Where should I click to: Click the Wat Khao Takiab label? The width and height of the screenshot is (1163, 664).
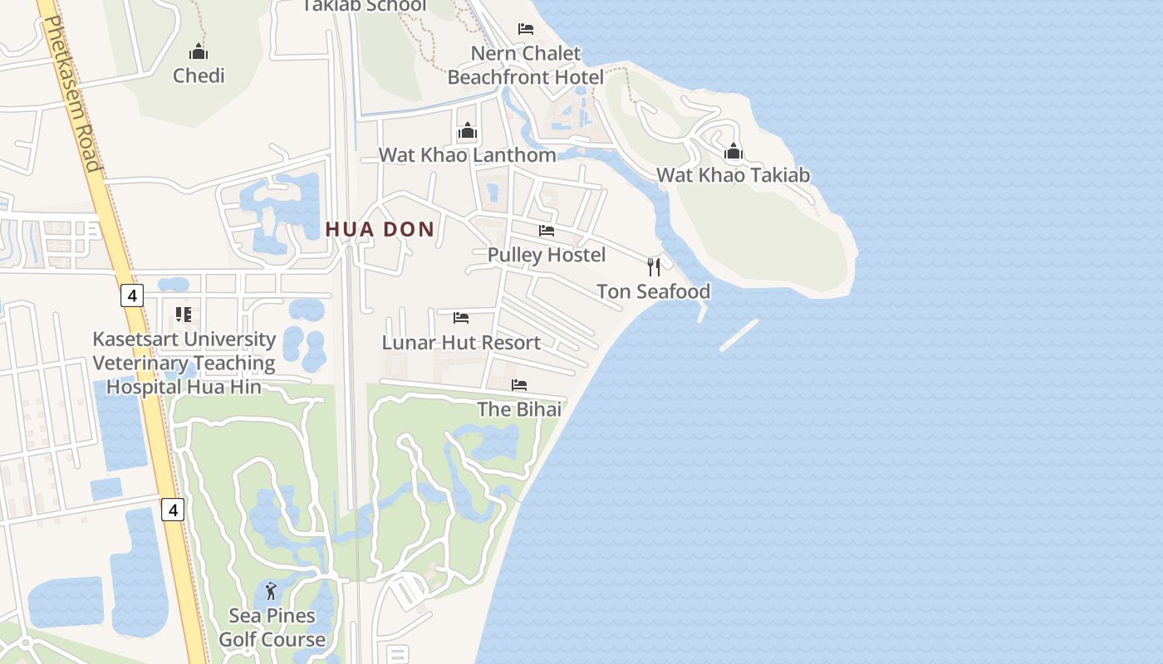pyautogui.click(x=733, y=175)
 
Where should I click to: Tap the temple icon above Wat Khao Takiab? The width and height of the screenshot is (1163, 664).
pyautogui.click(x=733, y=151)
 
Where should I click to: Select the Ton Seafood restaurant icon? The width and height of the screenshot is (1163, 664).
pyautogui.click(x=654, y=266)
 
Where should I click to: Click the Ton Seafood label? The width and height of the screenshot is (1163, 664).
pyautogui.click(x=654, y=291)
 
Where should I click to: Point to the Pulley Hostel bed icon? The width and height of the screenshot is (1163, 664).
pyautogui.click(x=547, y=230)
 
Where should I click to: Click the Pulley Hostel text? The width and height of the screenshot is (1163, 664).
pyautogui.click(x=547, y=255)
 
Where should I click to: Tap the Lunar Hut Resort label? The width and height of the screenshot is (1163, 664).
pyautogui.click(x=461, y=342)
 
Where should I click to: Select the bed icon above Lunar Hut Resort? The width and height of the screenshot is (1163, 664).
pyautogui.click(x=461, y=318)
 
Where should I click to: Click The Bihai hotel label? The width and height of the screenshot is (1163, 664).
pyautogui.click(x=519, y=409)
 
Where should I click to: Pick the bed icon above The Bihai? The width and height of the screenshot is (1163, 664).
pyautogui.click(x=519, y=385)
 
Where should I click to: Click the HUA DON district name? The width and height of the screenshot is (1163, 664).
pyautogui.click(x=380, y=229)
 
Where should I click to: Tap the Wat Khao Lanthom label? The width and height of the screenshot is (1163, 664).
pyautogui.click(x=468, y=155)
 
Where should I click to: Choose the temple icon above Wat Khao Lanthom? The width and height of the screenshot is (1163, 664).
pyautogui.click(x=468, y=131)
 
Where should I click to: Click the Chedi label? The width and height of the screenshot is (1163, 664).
pyautogui.click(x=199, y=76)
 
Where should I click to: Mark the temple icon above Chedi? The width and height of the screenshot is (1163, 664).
pyautogui.click(x=199, y=51)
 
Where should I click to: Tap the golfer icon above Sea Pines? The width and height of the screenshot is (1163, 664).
pyautogui.click(x=271, y=592)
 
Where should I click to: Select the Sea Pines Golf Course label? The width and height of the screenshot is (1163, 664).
pyautogui.click(x=272, y=627)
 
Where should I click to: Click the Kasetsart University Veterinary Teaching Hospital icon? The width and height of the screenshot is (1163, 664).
pyautogui.click(x=184, y=315)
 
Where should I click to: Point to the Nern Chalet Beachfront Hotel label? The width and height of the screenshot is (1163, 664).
pyautogui.click(x=525, y=65)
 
